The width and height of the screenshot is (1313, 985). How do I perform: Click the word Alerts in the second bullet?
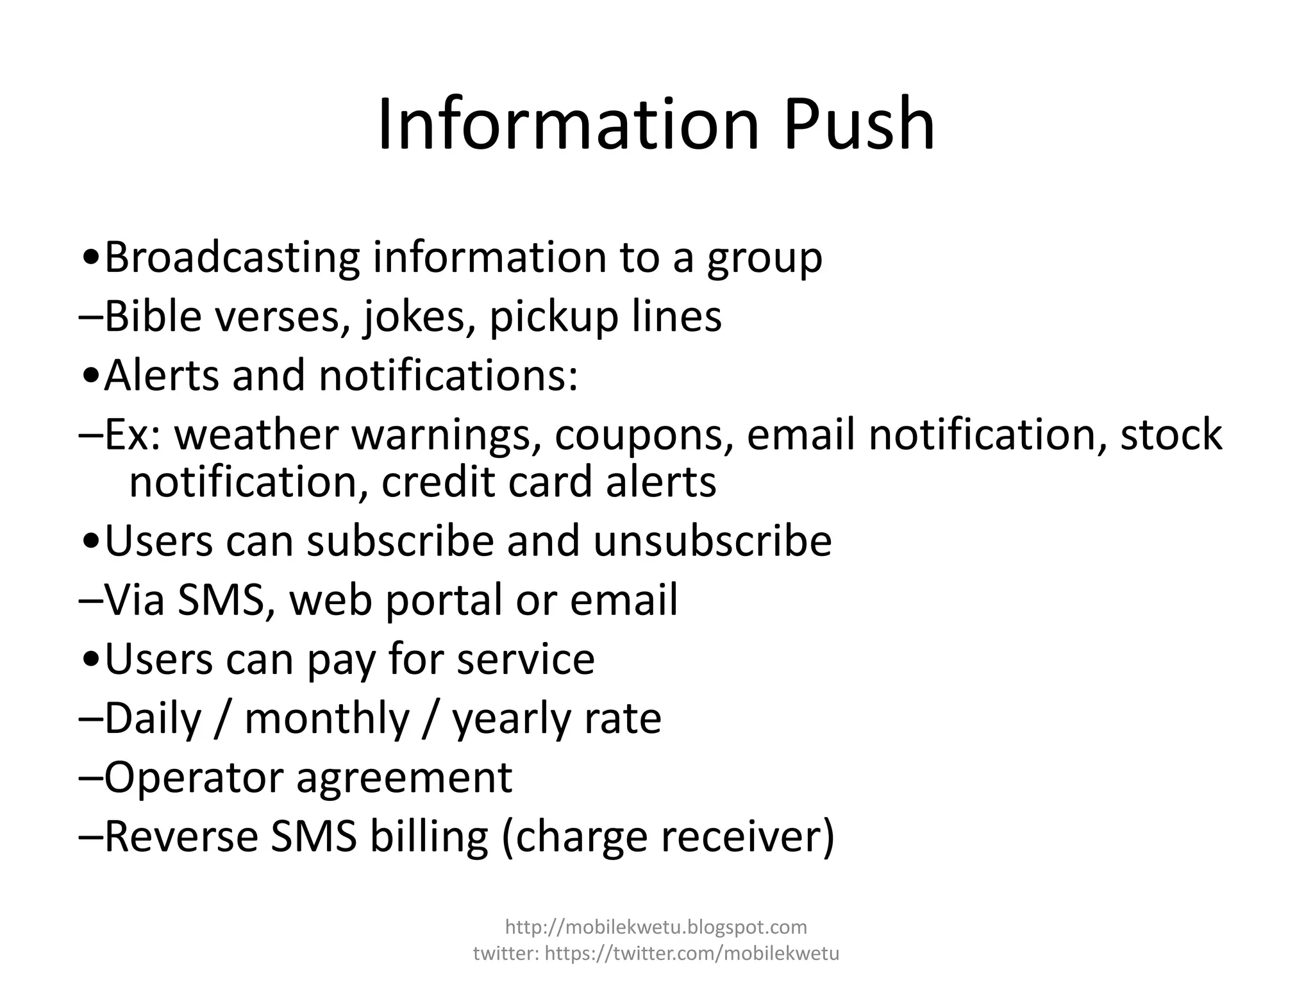161,375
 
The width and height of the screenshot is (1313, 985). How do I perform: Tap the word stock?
1171,434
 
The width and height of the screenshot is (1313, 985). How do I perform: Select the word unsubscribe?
712,541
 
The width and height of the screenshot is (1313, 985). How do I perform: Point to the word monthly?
327,719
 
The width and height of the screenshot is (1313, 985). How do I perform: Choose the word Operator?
193,778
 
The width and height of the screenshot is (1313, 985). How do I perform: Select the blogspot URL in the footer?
656,927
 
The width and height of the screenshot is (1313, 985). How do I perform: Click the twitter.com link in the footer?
692,954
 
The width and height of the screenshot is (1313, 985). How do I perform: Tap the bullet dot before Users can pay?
91,660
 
